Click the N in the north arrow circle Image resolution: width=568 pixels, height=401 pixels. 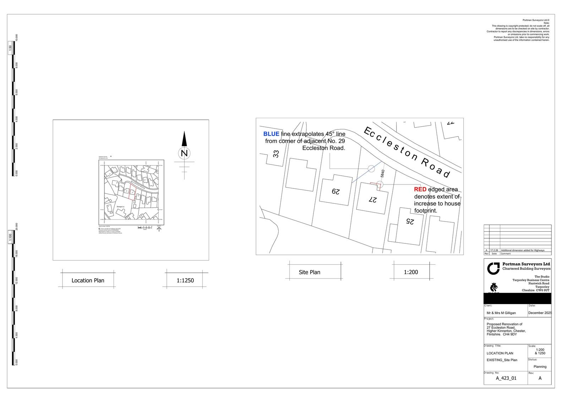(x=184, y=154)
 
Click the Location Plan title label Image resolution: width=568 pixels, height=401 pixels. (x=88, y=280)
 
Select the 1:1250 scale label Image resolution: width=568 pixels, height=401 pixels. (x=185, y=280)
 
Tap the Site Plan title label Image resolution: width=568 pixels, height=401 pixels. (x=309, y=272)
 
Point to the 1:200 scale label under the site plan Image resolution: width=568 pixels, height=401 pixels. (x=411, y=272)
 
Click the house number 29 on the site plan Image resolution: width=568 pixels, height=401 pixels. (x=335, y=192)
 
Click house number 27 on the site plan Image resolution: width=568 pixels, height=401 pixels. (x=372, y=199)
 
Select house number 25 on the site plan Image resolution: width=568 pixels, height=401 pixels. (x=410, y=221)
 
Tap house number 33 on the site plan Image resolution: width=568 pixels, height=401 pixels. (x=276, y=154)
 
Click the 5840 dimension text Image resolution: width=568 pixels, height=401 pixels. (x=383, y=174)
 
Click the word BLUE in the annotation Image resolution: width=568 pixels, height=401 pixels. (x=271, y=134)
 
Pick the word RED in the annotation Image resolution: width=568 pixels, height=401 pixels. (x=420, y=189)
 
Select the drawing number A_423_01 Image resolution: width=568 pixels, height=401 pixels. (x=506, y=378)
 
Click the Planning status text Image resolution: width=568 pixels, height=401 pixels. (x=540, y=367)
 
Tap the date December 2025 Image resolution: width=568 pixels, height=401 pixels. (x=540, y=313)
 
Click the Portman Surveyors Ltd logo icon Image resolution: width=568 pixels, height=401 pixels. (x=493, y=268)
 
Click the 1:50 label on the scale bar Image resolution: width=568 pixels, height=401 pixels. (x=10, y=48)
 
